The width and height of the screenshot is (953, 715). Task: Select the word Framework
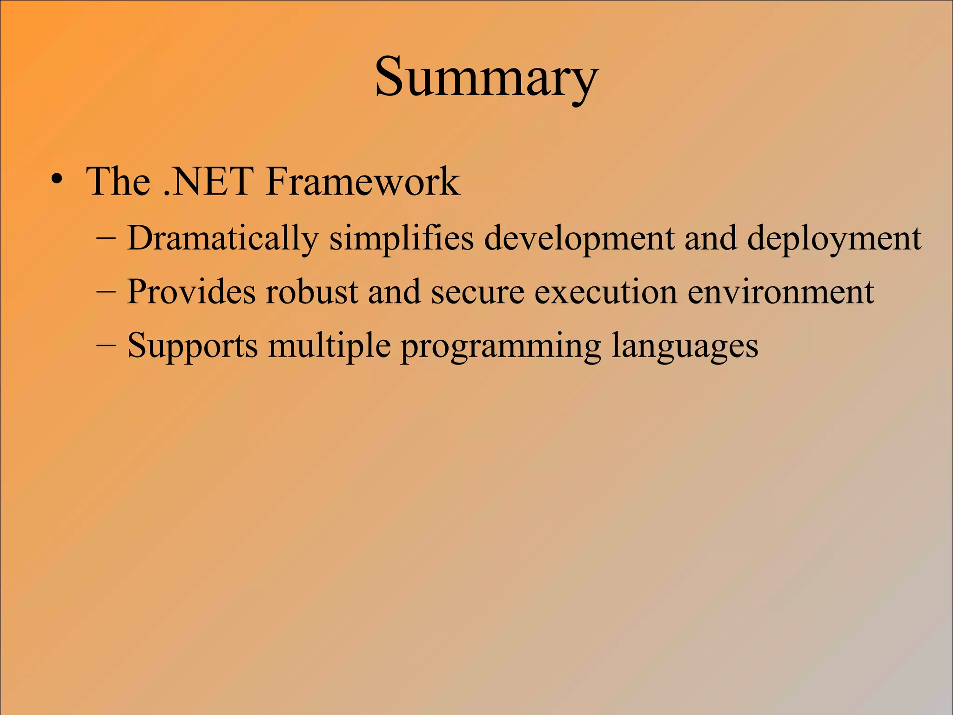(x=362, y=181)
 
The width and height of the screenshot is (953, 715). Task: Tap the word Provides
(x=191, y=292)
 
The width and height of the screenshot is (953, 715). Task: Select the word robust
(x=312, y=292)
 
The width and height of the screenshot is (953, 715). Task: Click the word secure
(x=477, y=292)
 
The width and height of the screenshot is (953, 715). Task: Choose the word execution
(x=605, y=292)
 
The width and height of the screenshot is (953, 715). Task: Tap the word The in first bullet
(x=118, y=181)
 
